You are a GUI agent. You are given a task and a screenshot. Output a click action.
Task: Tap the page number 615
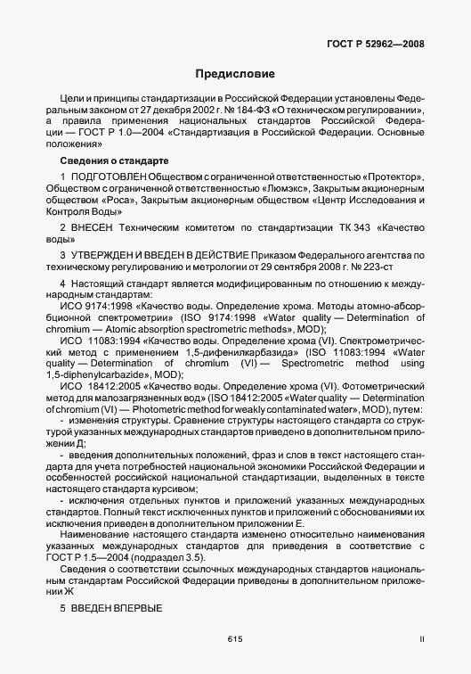(x=235, y=638)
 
